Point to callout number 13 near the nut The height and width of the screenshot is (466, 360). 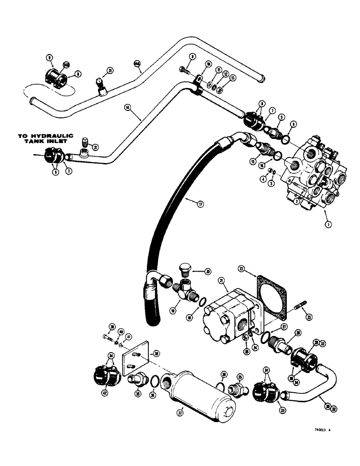(233, 78)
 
